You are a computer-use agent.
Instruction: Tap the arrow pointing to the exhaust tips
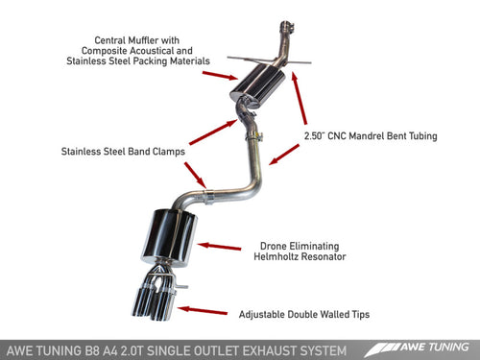207,310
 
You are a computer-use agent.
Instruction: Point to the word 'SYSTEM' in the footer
323,345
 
